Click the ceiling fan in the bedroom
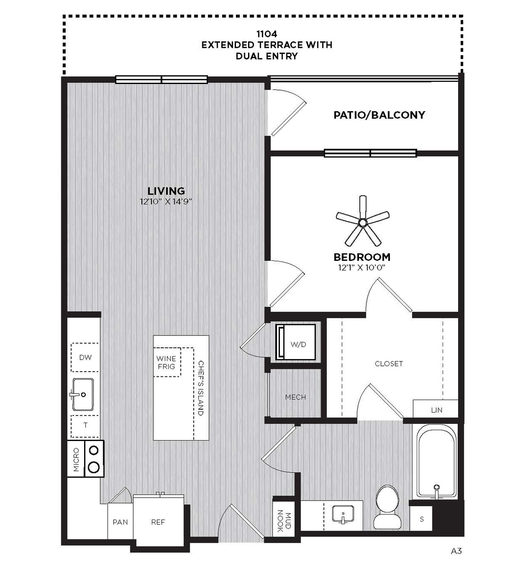coord(363,222)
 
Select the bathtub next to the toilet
coord(437,465)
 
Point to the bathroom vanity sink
coord(343,514)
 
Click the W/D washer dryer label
coord(298,344)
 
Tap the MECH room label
coord(295,397)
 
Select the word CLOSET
coord(389,364)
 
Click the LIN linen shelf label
coord(437,410)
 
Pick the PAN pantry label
coord(120,522)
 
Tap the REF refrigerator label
coord(158,522)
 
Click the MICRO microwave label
coord(76,460)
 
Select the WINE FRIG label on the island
coord(166,362)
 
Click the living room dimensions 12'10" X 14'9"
coord(166,202)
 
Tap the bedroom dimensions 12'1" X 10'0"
coord(361,268)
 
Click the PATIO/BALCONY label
coord(379,115)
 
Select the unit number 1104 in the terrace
coord(267,34)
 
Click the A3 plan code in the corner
coord(456,551)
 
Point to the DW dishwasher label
coord(85,357)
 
